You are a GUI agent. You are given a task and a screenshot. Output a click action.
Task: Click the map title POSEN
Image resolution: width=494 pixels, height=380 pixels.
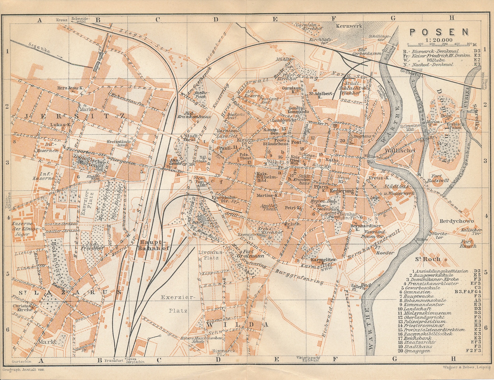(439, 32)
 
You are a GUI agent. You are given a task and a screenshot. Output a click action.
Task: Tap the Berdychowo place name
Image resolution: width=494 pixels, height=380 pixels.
(456, 221)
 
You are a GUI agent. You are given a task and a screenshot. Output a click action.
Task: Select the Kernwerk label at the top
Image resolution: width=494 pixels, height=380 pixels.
(349, 26)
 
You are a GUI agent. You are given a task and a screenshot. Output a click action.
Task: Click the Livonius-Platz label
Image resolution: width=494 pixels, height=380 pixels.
(210, 255)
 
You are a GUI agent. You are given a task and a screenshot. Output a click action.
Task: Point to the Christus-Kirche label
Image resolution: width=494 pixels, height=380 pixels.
(22, 308)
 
